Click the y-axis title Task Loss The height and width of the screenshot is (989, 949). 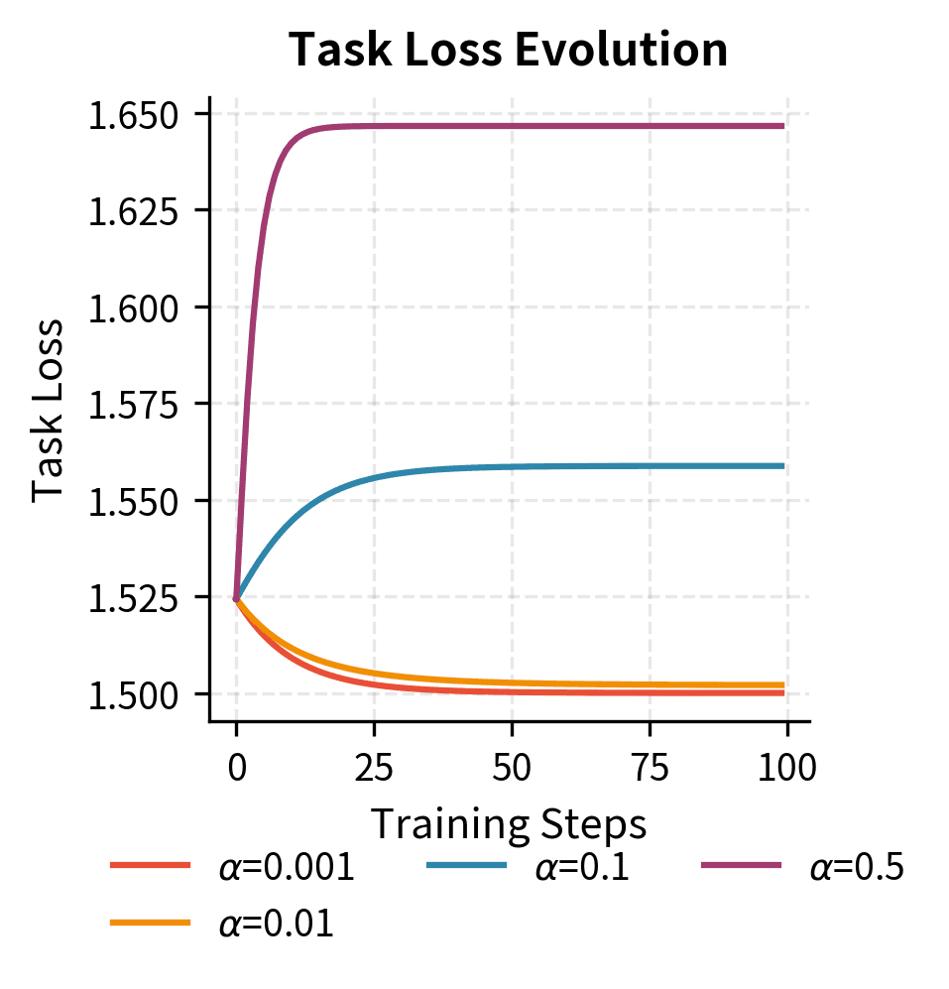(x=49, y=410)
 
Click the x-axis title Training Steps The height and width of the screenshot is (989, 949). (x=509, y=823)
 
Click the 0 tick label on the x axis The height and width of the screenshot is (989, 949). (x=236, y=767)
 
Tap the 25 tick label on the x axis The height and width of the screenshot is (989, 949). (x=374, y=767)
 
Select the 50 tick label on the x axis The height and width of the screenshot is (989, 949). (x=512, y=767)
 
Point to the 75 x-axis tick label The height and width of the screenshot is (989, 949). (x=650, y=767)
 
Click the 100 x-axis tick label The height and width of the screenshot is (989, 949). (x=786, y=767)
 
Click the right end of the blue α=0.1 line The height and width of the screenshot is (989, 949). (x=783, y=466)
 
